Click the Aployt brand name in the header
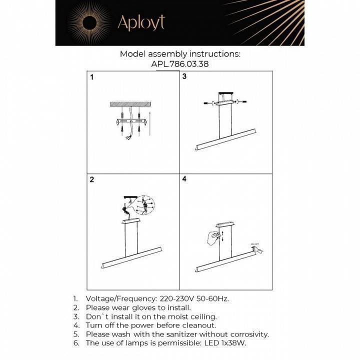click(140, 22)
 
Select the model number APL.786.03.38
click(180, 64)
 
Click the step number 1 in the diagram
click(91, 77)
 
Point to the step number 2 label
click(91, 180)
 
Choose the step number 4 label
click(184, 179)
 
